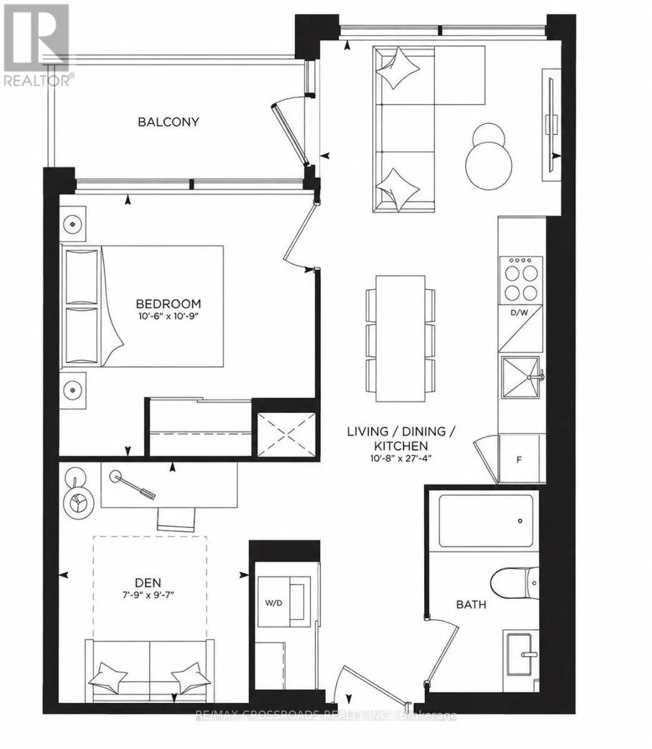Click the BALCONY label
[x=168, y=122]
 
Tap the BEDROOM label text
[x=169, y=303]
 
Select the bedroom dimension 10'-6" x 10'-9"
[x=169, y=316]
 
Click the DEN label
[x=148, y=582]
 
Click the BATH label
[x=471, y=604]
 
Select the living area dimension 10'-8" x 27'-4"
[x=401, y=458]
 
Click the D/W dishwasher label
[x=520, y=313]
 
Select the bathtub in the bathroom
[x=486, y=521]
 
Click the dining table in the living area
[x=400, y=338]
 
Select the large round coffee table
[x=488, y=165]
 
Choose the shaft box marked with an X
[x=287, y=434]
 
